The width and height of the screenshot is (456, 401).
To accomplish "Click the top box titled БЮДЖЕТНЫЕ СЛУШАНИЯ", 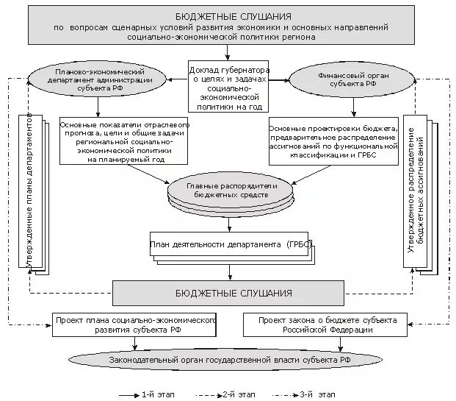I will coord(233,26).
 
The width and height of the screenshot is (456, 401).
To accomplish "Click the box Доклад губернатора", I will coord(228,85).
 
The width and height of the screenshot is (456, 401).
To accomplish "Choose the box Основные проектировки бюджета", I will coord(333,142).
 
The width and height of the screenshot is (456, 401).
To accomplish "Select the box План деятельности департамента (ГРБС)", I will coord(231,244).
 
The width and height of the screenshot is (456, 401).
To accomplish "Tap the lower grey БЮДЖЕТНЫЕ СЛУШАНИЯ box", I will coord(229,292).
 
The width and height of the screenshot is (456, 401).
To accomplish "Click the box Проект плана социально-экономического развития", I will coord(135,325).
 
